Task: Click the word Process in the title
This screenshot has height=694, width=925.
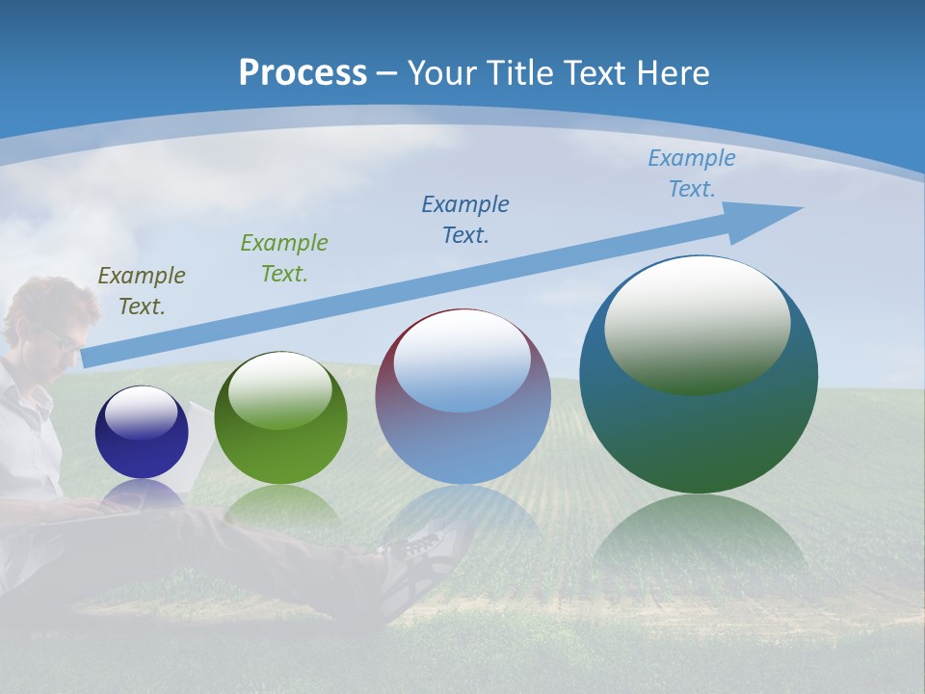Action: pos(303,73)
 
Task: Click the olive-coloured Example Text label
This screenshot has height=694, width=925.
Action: pos(142,291)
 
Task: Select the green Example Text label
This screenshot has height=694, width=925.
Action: pos(284,258)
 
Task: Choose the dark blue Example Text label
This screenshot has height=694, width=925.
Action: pos(465,219)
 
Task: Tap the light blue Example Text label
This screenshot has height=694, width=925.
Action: pos(692,173)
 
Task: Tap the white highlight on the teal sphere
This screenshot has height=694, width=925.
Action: pos(697,323)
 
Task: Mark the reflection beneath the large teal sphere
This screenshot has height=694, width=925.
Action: pos(699,540)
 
